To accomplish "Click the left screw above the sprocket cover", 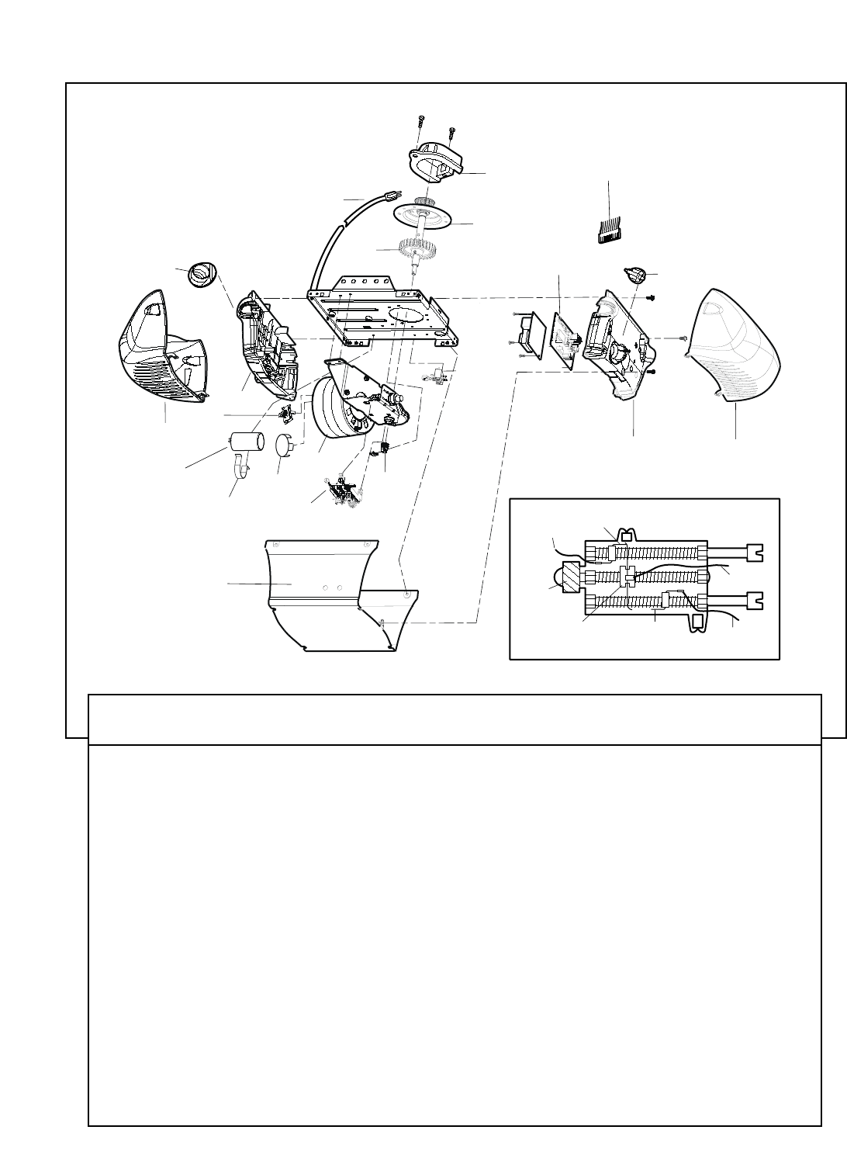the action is coord(420,123).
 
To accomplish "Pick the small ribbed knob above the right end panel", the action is coord(636,275).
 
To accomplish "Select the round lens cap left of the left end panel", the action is coord(202,274).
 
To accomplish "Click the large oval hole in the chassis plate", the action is coord(408,317).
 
